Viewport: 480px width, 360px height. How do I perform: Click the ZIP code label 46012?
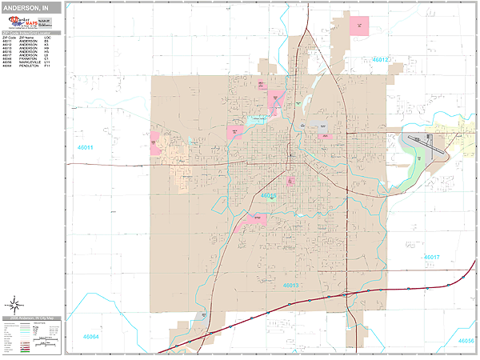(x=381, y=59)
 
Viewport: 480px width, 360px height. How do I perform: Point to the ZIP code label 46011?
(x=85, y=148)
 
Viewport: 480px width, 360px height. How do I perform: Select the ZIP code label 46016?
(x=268, y=195)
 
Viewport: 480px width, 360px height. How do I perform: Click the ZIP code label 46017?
(x=432, y=257)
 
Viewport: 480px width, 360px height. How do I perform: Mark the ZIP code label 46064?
(x=90, y=337)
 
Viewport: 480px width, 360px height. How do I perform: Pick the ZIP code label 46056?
(x=466, y=340)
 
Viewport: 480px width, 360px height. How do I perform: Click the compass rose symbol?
(x=14, y=305)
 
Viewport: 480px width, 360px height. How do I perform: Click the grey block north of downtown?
(x=321, y=127)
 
